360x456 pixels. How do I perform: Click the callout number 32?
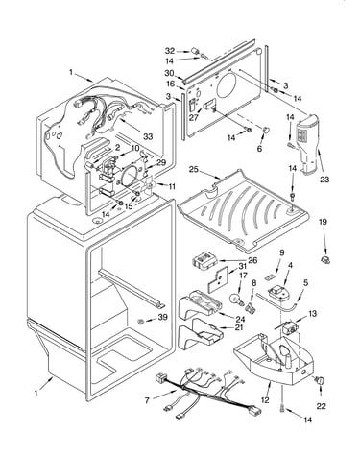click(x=170, y=51)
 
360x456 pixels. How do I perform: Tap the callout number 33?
click(x=148, y=136)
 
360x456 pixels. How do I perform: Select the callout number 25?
click(x=193, y=169)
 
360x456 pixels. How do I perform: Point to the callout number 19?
click(x=323, y=222)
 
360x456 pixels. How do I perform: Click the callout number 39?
click(x=163, y=317)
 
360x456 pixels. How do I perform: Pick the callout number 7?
click(x=147, y=400)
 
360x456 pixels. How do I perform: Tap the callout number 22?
click(x=321, y=406)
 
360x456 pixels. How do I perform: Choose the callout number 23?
click(x=324, y=180)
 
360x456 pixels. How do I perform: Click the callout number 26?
click(x=252, y=260)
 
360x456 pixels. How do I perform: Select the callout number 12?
click(x=265, y=400)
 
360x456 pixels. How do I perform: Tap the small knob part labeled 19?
click(x=325, y=260)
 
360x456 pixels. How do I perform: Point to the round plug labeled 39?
click(x=140, y=321)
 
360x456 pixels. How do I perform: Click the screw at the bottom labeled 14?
click(x=282, y=408)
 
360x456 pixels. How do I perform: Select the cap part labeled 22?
click(x=320, y=380)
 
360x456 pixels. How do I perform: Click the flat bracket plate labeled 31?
click(x=218, y=279)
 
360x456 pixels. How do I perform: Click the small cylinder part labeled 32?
click(x=194, y=51)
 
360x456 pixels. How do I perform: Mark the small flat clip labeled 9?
click(x=271, y=276)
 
